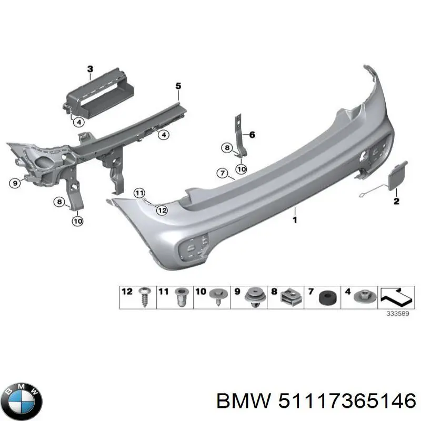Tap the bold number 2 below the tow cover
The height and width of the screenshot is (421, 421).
[x=396, y=201]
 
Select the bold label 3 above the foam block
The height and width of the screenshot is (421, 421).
[x=90, y=69]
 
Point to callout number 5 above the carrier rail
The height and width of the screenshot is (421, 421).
[x=178, y=86]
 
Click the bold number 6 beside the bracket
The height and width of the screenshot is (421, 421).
[x=252, y=135]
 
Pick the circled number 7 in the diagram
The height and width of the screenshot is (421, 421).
[x=222, y=173]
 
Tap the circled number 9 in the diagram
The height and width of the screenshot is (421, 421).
[x=15, y=183]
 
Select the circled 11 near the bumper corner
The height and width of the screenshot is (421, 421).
[x=138, y=193]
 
